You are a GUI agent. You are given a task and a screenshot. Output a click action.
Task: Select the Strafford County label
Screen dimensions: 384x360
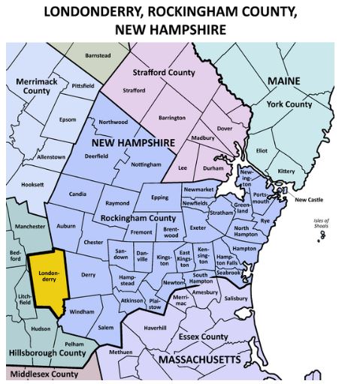[x=163, y=72]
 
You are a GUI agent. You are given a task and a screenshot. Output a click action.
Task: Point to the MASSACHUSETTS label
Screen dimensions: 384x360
[x=199, y=361]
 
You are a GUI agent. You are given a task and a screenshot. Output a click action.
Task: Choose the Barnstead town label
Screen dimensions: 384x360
[x=97, y=55]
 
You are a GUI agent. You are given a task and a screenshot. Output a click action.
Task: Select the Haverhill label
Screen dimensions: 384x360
[x=155, y=328]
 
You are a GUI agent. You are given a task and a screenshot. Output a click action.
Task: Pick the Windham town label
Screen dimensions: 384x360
[x=81, y=311]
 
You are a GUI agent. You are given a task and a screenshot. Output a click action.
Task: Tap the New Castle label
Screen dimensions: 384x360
[x=309, y=200]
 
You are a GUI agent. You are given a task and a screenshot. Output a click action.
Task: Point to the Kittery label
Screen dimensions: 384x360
[x=286, y=171]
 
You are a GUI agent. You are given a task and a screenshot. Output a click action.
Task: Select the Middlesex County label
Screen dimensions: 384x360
[x=44, y=374]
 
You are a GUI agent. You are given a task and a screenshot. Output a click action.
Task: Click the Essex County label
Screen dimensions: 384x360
[x=203, y=337]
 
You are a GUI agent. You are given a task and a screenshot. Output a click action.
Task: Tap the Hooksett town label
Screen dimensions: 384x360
[x=32, y=184]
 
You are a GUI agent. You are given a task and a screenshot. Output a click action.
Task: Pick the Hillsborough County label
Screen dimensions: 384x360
[x=47, y=352]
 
